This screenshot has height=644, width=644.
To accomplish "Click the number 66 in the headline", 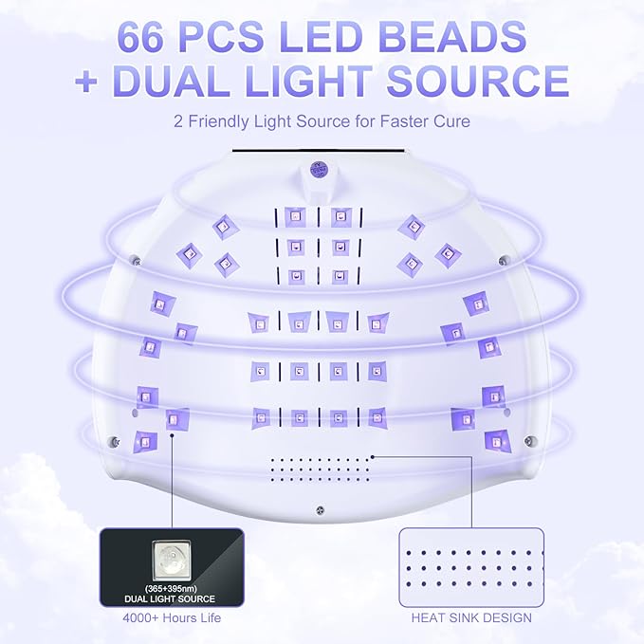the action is [141, 37].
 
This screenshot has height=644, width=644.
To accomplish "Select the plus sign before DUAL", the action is [86, 81].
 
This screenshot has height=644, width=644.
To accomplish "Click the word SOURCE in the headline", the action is [478, 81].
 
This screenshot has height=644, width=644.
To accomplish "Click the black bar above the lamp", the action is [317, 150].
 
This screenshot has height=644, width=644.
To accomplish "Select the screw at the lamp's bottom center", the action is [321, 510].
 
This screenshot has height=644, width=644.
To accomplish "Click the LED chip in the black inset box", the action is [172, 561].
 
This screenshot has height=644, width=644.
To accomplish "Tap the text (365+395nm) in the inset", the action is [171, 589].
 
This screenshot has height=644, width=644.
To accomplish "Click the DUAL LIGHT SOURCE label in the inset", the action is [170, 598].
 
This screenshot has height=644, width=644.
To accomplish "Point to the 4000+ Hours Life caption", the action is [172, 617].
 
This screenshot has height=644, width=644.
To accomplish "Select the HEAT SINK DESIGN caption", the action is [471, 617].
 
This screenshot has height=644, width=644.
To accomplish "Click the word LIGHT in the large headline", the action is [309, 81].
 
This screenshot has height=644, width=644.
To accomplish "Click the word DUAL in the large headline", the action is [172, 81].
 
